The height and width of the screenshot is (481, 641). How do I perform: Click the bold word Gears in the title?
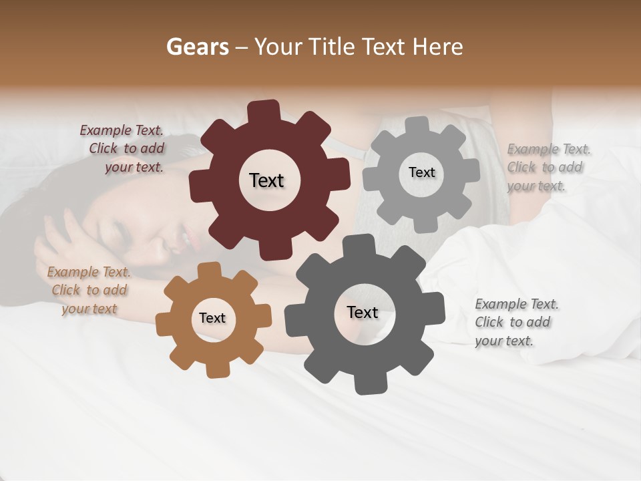198,47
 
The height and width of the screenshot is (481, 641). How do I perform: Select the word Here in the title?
438,47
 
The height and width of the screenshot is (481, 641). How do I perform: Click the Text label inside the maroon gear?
266,180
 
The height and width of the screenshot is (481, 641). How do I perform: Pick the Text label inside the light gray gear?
421,172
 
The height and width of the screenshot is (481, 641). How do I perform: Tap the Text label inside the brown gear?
212,318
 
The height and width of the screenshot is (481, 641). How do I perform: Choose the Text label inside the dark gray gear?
363,312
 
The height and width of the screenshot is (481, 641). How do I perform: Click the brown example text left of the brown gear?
89,290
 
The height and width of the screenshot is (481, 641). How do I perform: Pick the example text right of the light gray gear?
548,167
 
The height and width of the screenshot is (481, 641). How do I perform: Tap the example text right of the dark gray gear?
515,322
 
